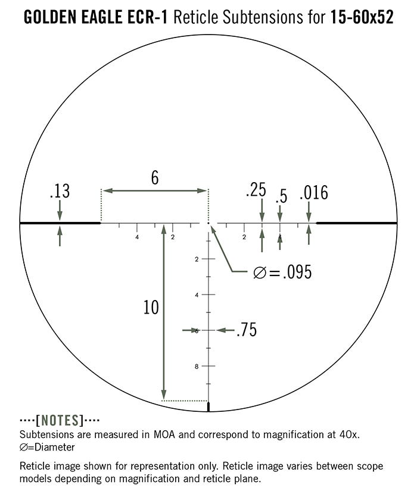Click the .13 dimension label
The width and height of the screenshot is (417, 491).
60,191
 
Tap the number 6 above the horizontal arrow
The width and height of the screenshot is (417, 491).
155,178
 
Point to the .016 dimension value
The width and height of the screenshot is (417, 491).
314,193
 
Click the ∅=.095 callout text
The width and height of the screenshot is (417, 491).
282,273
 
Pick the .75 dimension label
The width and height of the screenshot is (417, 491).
246,330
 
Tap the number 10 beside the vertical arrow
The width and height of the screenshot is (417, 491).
151,307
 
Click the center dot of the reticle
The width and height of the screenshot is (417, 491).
208,223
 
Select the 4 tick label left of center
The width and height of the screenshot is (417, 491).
137,237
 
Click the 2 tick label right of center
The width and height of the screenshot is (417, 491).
244,237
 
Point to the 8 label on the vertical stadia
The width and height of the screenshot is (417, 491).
196,366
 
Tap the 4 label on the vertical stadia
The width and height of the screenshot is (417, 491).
196,295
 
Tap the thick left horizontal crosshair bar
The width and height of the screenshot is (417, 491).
60,223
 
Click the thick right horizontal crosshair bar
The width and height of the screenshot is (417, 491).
356,223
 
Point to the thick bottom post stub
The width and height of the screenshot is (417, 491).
208,407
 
